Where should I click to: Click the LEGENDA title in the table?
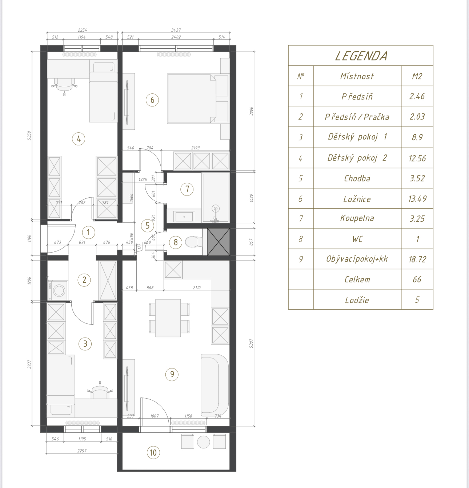[361, 56]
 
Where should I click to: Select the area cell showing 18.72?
[417, 259]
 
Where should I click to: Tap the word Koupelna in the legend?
[357, 218]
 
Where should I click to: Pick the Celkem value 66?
[417, 279]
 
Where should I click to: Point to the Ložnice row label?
[357, 199]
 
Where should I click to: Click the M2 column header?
[417, 76]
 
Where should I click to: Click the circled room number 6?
[152, 100]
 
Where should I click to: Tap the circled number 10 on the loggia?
[153, 452]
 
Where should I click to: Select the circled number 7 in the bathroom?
[187, 189]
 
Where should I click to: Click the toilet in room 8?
[193, 242]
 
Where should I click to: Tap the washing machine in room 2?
[58, 290]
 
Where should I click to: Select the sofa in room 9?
[215, 385]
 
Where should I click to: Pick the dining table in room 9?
[168, 318]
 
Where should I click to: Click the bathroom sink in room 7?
[184, 217]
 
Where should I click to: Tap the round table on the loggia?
[203, 442]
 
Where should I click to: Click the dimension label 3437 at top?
[176, 30]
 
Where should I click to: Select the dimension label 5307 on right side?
[251, 343]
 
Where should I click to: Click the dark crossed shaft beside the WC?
[218, 242]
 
